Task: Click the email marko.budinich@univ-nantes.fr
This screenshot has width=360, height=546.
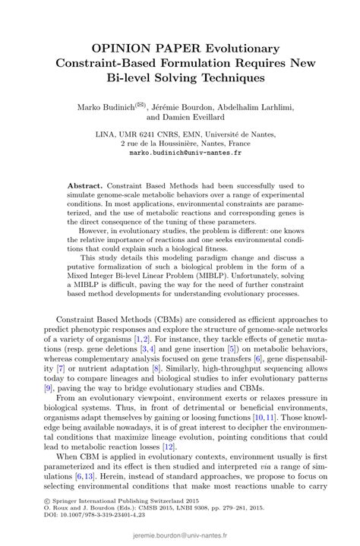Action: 180,152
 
